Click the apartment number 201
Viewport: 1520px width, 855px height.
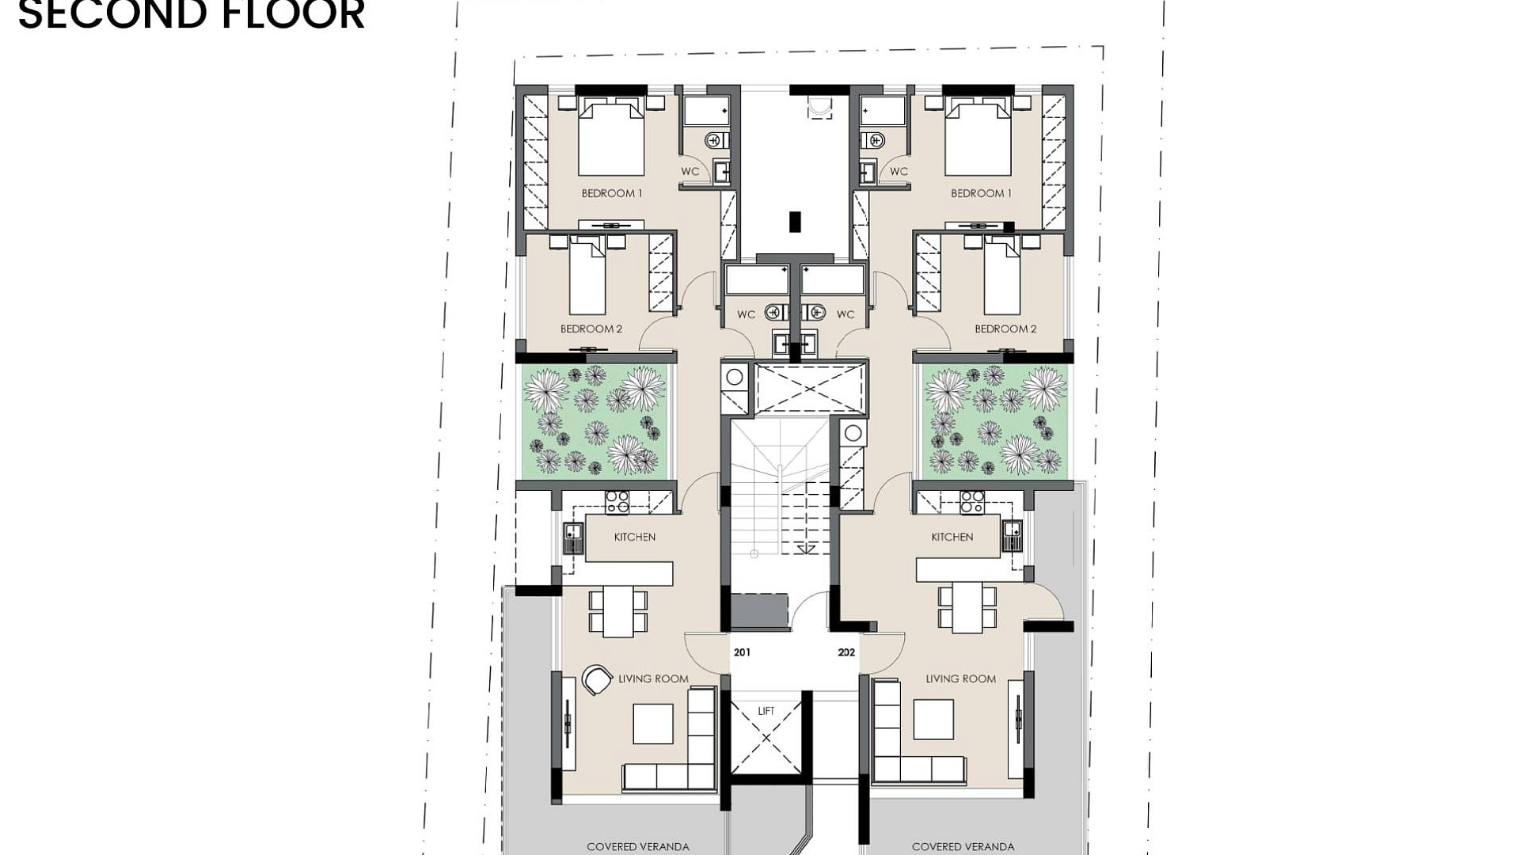(x=742, y=652)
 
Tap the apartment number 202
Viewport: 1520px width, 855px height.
(x=846, y=652)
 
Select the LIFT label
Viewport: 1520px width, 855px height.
(x=766, y=711)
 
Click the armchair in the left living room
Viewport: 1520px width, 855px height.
(x=597, y=679)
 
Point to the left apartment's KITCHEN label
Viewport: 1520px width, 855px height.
(x=635, y=537)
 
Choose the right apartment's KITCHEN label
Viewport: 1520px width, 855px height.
(x=952, y=537)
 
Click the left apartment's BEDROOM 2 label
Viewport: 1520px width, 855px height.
(x=591, y=329)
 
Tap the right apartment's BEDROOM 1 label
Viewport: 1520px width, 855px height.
(x=981, y=193)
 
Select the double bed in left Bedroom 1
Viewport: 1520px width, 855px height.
(x=611, y=136)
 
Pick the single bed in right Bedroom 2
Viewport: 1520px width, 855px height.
(x=1001, y=278)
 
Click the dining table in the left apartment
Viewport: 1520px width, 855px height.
(x=618, y=610)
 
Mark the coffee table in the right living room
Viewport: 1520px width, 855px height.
(x=933, y=720)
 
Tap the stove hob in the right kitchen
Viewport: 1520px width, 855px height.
(x=972, y=502)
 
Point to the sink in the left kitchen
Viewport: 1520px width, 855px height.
(x=573, y=538)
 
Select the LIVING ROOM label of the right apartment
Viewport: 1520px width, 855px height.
(x=961, y=678)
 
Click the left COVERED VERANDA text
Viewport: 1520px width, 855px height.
(x=638, y=847)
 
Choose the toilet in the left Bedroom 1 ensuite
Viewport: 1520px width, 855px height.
(x=715, y=141)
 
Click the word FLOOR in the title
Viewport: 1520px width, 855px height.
(x=279, y=14)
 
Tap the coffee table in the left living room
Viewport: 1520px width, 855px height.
(x=653, y=724)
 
